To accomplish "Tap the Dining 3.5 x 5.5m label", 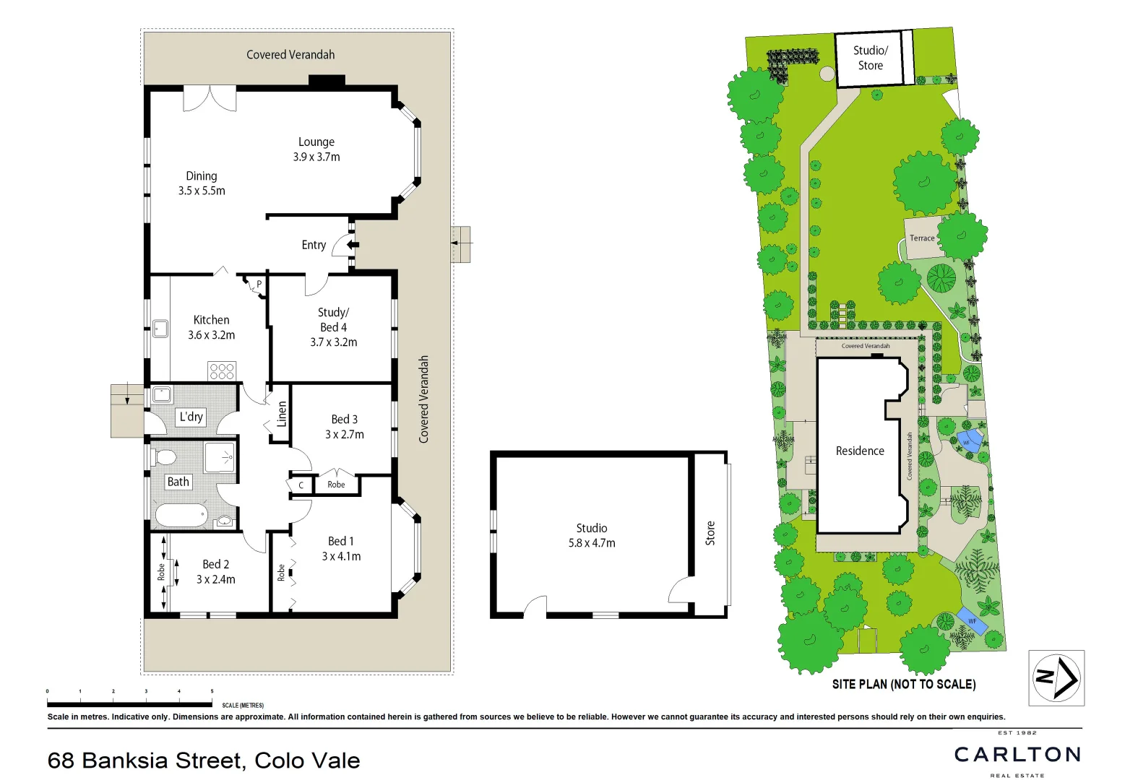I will click(202, 183).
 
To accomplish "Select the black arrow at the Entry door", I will click(353, 245).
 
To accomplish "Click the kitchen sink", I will click(160, 329).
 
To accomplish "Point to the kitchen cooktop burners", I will click(222, 371).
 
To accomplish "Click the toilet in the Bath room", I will click(165, 457).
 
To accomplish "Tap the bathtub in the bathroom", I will click(181, 516).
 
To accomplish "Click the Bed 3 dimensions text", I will click(345, 435).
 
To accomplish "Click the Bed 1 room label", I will click(341, 541).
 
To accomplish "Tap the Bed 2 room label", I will click(215, 564).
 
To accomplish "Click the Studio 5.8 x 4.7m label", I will click(592, 535).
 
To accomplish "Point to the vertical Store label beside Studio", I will click(710, 533).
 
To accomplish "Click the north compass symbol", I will click(1056, 677).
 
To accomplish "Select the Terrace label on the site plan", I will click(922, 238).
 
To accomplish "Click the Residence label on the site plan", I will click(860, 451).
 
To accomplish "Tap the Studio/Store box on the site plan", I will click(870, 58).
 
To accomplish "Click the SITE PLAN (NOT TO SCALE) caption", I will click(904, 684).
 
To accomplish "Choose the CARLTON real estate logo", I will click(1017, 755).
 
